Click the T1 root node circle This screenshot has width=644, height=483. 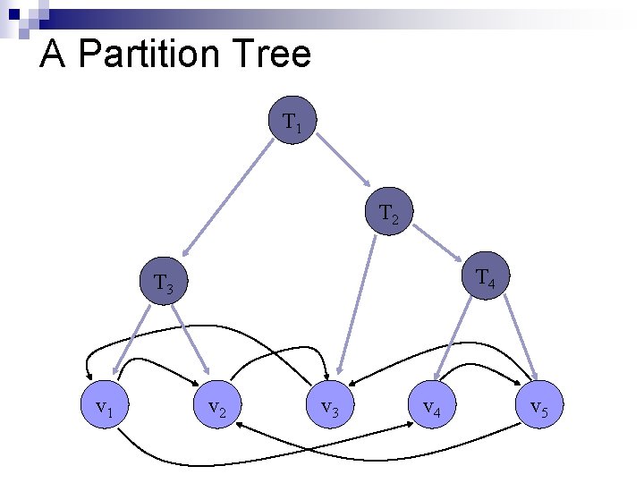(x=292, y=120)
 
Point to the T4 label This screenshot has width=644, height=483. (x=486, y=278)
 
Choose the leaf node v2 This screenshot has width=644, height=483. (x=216, y=409)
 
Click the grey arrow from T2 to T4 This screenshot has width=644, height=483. (x=438, y=243)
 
